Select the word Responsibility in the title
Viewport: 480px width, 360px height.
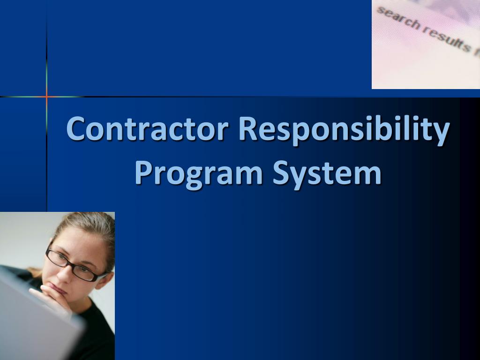344,129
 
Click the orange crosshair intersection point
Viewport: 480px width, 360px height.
47,97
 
